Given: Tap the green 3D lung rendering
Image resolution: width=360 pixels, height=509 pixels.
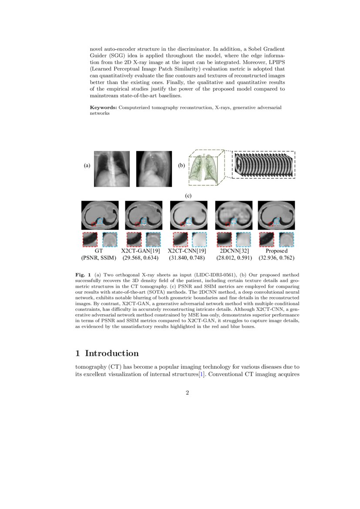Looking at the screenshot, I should coord(205,168).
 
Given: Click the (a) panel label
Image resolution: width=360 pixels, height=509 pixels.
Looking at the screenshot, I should coord(87,165).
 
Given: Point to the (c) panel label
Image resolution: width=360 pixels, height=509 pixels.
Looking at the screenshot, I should coord(188,196).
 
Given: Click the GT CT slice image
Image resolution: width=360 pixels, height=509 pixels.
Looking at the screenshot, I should coord(100,215).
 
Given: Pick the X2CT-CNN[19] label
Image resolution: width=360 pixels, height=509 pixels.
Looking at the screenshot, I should coord(187,251).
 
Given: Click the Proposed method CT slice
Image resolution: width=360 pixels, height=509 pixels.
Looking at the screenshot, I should coord(276,215).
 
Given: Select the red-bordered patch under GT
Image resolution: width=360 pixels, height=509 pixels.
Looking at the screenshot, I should coord(90,239).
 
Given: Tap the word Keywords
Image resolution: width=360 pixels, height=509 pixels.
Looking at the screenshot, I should coord(103,107).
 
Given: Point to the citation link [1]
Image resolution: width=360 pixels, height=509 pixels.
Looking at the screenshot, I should coord(201,374).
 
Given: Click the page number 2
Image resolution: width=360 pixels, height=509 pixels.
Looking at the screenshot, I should coord(187,393).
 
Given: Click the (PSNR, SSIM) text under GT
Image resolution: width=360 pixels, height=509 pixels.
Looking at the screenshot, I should coord(99,258).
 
